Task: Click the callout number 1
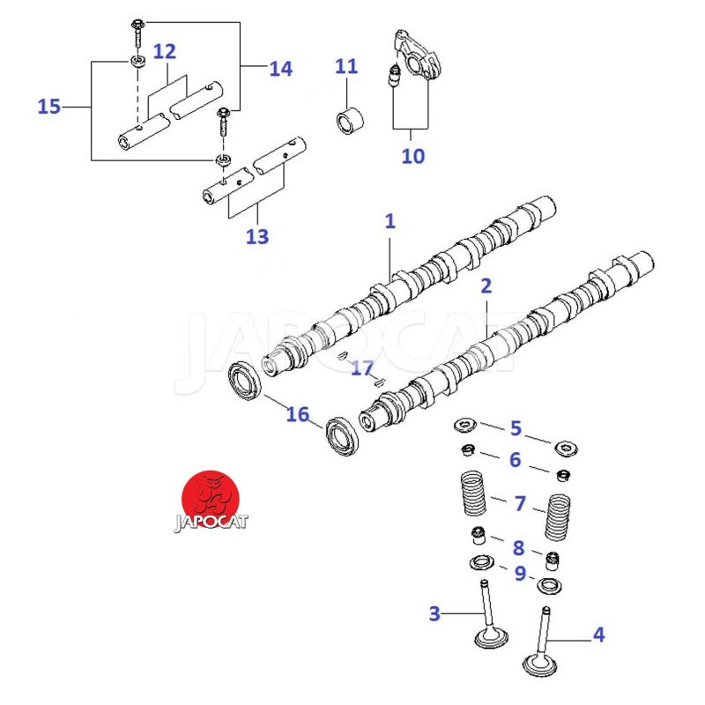click(x=390, y=221)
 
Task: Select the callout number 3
click(x=434, y=612)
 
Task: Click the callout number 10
click(x=412, y=156)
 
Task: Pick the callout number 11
click(x=346, y=66)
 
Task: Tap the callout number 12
click(x=165, y=52)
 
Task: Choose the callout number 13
click(x=257, y=236)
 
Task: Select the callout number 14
click(x=280, y=67)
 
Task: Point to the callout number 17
click(x=361, y=367)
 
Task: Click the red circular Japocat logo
click(x=211, y=496)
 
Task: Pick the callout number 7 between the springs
click(x=520, y=504)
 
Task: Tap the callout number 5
click(x=516, y=429)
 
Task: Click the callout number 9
click(x=520, y=573)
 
